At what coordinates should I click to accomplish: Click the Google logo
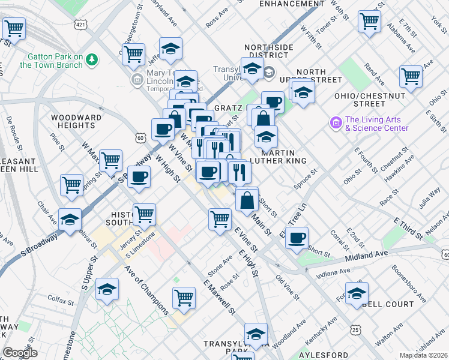[x=19, y=353]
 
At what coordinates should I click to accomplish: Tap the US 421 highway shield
[x=80, y=24]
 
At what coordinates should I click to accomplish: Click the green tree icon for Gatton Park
[x=91, y=59]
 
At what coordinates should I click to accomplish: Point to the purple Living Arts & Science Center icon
[x=335, y=123]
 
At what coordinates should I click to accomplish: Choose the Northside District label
[x=268, y=52]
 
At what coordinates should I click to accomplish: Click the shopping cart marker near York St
[x=369, y=20]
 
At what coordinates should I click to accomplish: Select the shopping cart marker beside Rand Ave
[x=411, y=76]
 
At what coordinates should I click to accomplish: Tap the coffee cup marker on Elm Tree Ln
[x=297, y=238]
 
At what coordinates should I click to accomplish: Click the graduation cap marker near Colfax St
[x=107, y=290]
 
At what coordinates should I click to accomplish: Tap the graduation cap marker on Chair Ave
[x=70, y=219]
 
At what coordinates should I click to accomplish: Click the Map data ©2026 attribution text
[x=424, y=355]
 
